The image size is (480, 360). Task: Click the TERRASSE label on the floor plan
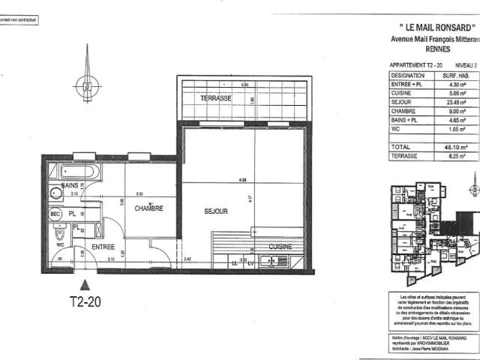coord(215,99)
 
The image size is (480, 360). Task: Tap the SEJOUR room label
coord(215,211)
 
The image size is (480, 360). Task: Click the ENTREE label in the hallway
coord(103,247)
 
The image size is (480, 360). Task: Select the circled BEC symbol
coord(55,214)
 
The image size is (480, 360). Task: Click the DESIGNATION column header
coord(407,76)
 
